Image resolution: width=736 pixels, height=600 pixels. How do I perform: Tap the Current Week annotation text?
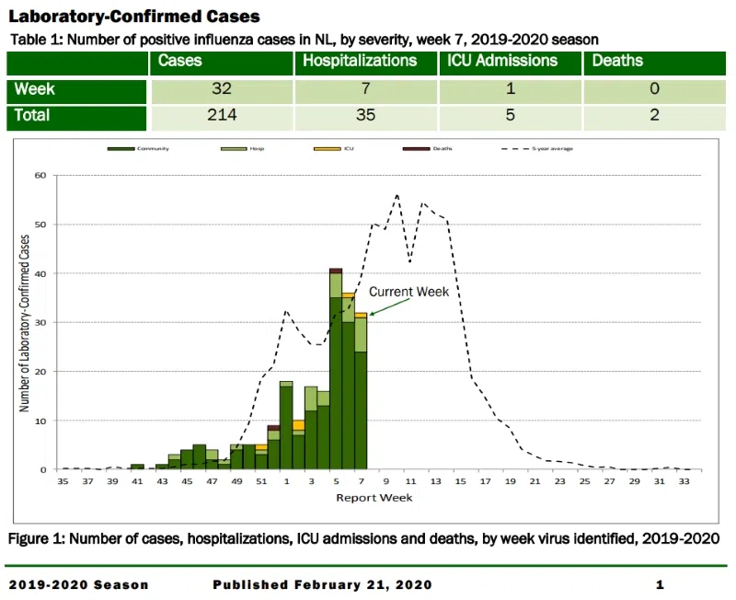pyautogui.click(x=408, y=292)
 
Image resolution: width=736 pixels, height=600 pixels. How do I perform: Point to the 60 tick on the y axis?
pyautogui.click(x=40, y=175)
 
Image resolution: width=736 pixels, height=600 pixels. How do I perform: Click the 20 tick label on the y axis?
pyautogui.click(x=40, y=371)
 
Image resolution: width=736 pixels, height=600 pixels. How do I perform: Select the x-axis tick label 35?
pyautogui.click(x=63, y=480)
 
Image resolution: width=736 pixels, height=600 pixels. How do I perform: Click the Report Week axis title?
pyautogui.click(x=374, y=497)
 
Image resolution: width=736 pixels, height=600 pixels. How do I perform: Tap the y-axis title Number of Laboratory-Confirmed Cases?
pyautogui.click(x=25, y=322)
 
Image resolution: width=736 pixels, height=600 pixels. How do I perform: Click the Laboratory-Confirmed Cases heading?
pyautogui.click(x=133, y=17)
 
